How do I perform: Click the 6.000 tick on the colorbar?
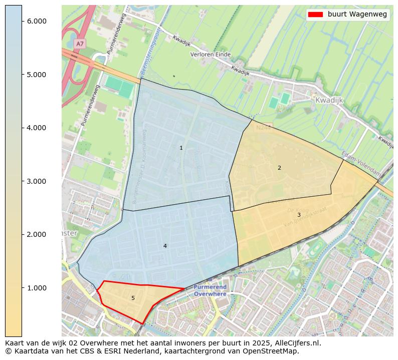coord(37,21)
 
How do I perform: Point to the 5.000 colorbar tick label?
coord(37,75)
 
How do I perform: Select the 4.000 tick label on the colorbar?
coord(37,128)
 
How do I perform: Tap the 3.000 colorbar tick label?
coord(37,181)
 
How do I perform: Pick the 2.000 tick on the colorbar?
coord(37,234)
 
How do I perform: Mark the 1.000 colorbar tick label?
coord(37,288)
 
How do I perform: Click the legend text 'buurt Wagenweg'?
coord(357,15)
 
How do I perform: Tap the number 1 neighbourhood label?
coord(181,148)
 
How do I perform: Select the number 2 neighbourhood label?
coord(279,168)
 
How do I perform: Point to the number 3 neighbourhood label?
coord(299,215)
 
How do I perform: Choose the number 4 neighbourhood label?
coord(165,246)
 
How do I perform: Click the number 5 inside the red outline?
coord(133,298)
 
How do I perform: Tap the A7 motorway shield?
coord(79,44)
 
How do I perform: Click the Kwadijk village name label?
coord(329,100)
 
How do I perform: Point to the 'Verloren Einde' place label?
coord(210,54)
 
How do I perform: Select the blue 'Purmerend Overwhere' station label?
coord(211,291)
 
